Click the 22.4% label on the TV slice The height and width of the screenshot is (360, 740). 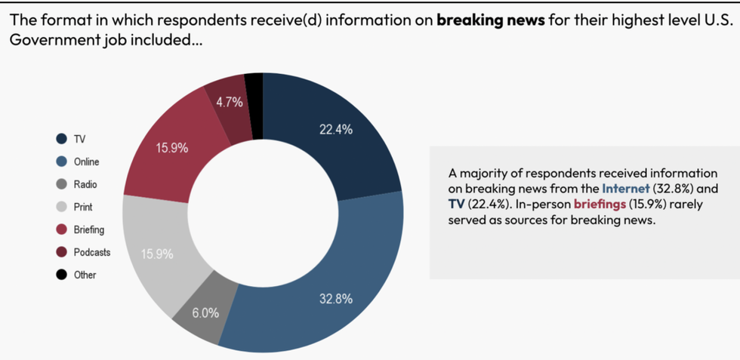tap(336, 129)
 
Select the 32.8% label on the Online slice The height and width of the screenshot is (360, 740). tap(336, 299)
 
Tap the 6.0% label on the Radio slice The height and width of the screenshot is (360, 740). tap(205, 312)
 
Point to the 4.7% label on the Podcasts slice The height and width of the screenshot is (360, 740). tap(230, 103)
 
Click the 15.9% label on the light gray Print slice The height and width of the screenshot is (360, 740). tap(157, 254)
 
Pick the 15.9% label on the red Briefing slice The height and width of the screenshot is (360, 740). tap(172, 148)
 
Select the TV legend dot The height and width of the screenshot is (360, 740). tap(62, 139)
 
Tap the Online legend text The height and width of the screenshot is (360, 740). tap(86, 162)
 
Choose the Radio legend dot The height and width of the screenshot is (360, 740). tap(62, 184)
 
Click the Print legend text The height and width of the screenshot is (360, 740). tap(83, 207)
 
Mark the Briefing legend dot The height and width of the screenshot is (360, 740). tap(62, 229)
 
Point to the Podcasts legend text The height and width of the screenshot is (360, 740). tap(92, 252)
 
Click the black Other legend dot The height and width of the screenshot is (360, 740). tap(62, 275)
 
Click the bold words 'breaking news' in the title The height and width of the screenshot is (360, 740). tap(491, 20)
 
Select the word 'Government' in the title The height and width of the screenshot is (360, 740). tap(47, 40)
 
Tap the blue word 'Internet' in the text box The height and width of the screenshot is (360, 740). tap(625, 188)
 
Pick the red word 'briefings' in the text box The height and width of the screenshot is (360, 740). tap(600, 204)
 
